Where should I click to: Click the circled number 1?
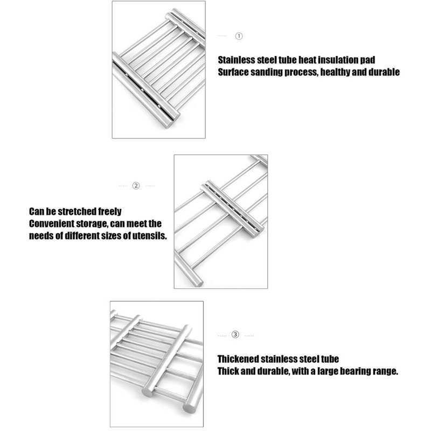point(239,36)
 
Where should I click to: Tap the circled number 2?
point(136,186)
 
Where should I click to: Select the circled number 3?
point(235,335)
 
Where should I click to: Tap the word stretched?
point(76,211)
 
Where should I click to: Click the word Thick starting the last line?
point(229,371)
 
